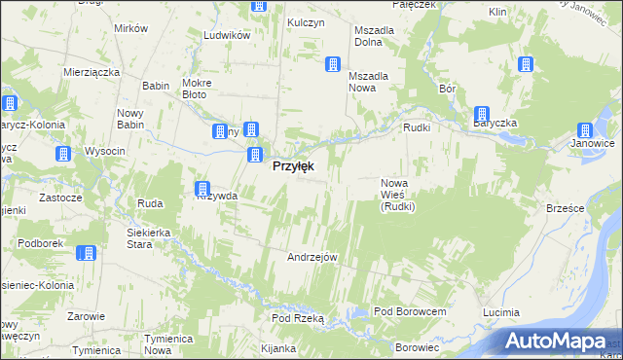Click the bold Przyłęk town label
pyautogui.click(x=292, y=166)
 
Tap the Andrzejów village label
pyautogui.click(x=311, y=257)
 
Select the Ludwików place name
pyautogui.click(x=228, y=35)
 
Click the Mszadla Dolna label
pyautogui.click(x=374, y=36)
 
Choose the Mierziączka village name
pyautogui.click(x=91, y=72)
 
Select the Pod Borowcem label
pyautogui.click(x=410, y=311)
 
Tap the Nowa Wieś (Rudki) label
pyautogui.click(x=398, y=195)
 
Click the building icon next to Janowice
pyautogui.click(x=585, y=130)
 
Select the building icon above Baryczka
pyautogui.click(x=482, y=114)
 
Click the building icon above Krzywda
pyautogui.click(x=202, y=188)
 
